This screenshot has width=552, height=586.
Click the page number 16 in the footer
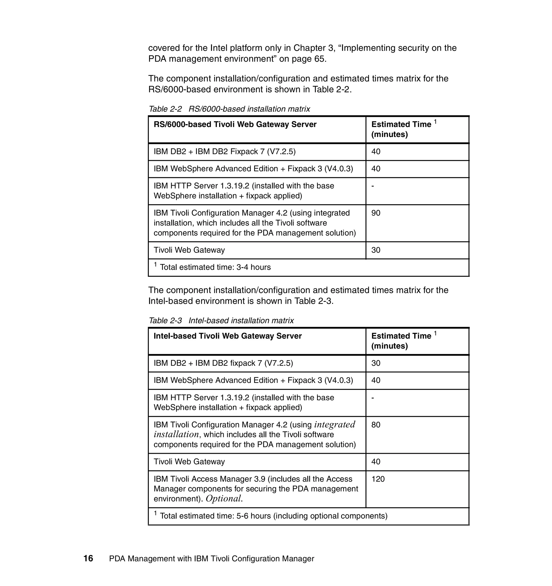point(88,558)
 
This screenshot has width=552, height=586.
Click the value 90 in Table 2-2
point(376,213)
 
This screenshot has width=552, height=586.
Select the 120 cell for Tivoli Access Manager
point(378,479)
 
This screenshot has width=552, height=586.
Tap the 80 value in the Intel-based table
point(376,425)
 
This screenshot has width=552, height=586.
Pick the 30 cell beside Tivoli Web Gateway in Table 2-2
point(376,250)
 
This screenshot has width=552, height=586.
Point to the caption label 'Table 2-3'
point(165,321)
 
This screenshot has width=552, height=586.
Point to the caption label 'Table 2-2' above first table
point(165,109)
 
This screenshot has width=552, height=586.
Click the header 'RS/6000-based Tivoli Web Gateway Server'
point(235,124)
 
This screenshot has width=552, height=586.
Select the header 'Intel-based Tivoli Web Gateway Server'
point(227,336)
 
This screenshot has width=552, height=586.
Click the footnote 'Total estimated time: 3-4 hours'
point(215,267)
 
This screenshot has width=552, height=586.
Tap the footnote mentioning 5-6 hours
point(273,516)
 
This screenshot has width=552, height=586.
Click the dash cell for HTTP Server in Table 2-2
point(373,186)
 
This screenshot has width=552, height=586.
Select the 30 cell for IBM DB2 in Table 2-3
point(376,363)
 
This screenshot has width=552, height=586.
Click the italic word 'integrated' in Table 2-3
point(334,424)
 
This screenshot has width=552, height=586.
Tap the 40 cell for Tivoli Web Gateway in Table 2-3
point(376,462)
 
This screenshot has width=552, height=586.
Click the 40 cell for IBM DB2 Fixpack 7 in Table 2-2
point(376,152)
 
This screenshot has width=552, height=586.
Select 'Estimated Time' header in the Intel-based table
point(401,336)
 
